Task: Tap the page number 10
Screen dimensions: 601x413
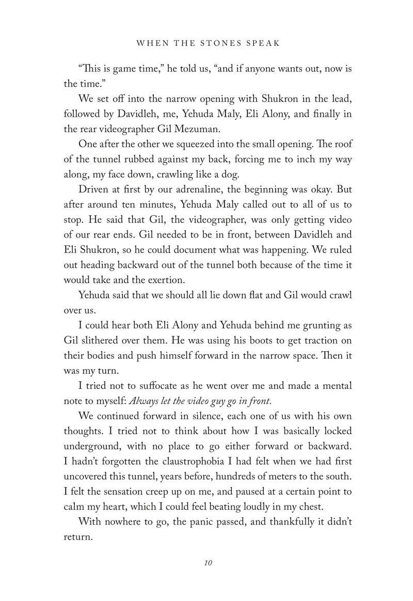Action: pos(208,562)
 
